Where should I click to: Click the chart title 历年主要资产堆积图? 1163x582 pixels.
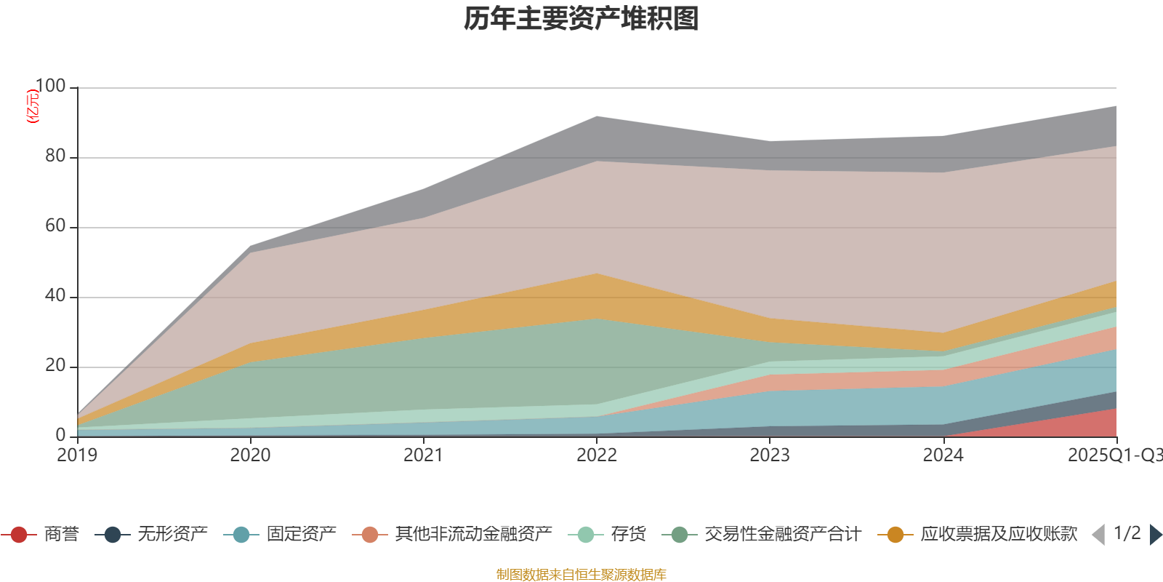(x=581, y=19)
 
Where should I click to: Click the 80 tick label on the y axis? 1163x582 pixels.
(x=55, y=156)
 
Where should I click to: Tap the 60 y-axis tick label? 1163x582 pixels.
(x=55, y=226)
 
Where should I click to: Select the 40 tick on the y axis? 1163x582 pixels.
(x=55, y=296)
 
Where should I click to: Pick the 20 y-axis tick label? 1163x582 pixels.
(x=55, y=366)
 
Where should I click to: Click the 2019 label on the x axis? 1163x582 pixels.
(x=77, y=455)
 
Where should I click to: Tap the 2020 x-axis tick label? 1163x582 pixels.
(x=250, y=455)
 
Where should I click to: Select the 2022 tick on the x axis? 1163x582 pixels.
(x=596, y=455)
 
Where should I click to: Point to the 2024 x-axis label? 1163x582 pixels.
(x=943, y=455)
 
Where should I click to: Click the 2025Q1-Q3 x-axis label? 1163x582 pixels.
(x=1114, y=455)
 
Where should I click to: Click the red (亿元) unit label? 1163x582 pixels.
(x=33, y=106)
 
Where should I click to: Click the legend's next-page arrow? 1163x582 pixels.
(x=1155, y=535)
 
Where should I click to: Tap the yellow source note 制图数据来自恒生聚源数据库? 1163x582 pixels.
(x=581, y=575)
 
